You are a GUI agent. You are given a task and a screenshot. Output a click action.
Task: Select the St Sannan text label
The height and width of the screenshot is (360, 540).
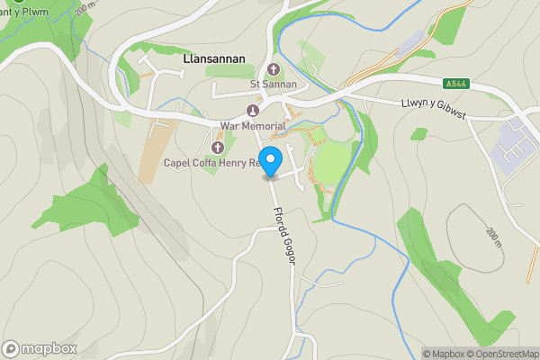pyautogui.click(x=273, y=85)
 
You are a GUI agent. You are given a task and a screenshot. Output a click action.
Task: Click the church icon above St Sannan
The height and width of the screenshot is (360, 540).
pyautogui.click(x=273, y=70)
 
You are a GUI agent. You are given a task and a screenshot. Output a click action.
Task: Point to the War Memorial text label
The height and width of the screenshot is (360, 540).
pyautogui.click(x=252, y=125)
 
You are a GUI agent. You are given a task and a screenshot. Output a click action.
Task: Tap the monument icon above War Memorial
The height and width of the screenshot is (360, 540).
pyautogui.click(x=252, y=111)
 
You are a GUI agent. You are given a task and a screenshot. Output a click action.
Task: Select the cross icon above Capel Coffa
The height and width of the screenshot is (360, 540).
pyautogui.click(x=216, y=148)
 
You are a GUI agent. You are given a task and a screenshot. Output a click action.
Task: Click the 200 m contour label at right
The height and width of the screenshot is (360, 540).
pyautogui.click(x=493, y=238)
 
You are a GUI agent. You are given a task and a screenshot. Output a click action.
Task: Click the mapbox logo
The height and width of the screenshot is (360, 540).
pyautogui.click(x=40, y=348)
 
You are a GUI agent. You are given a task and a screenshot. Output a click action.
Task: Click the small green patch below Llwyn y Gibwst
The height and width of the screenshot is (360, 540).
pyautogui.click(x=418, y=134)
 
